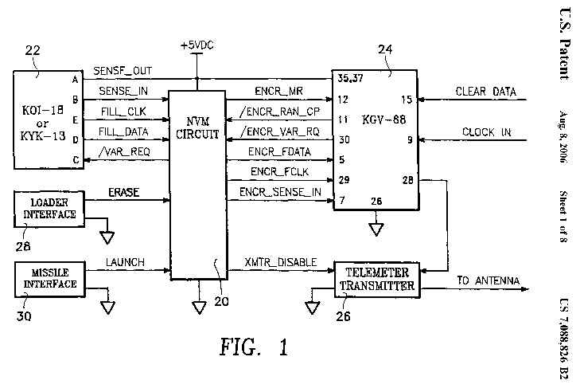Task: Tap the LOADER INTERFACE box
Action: tap(49, 208)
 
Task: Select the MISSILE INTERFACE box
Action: tap(49, 278)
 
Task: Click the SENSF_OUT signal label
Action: tap(122, 70)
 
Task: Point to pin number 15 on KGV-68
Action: tap(407, 100)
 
